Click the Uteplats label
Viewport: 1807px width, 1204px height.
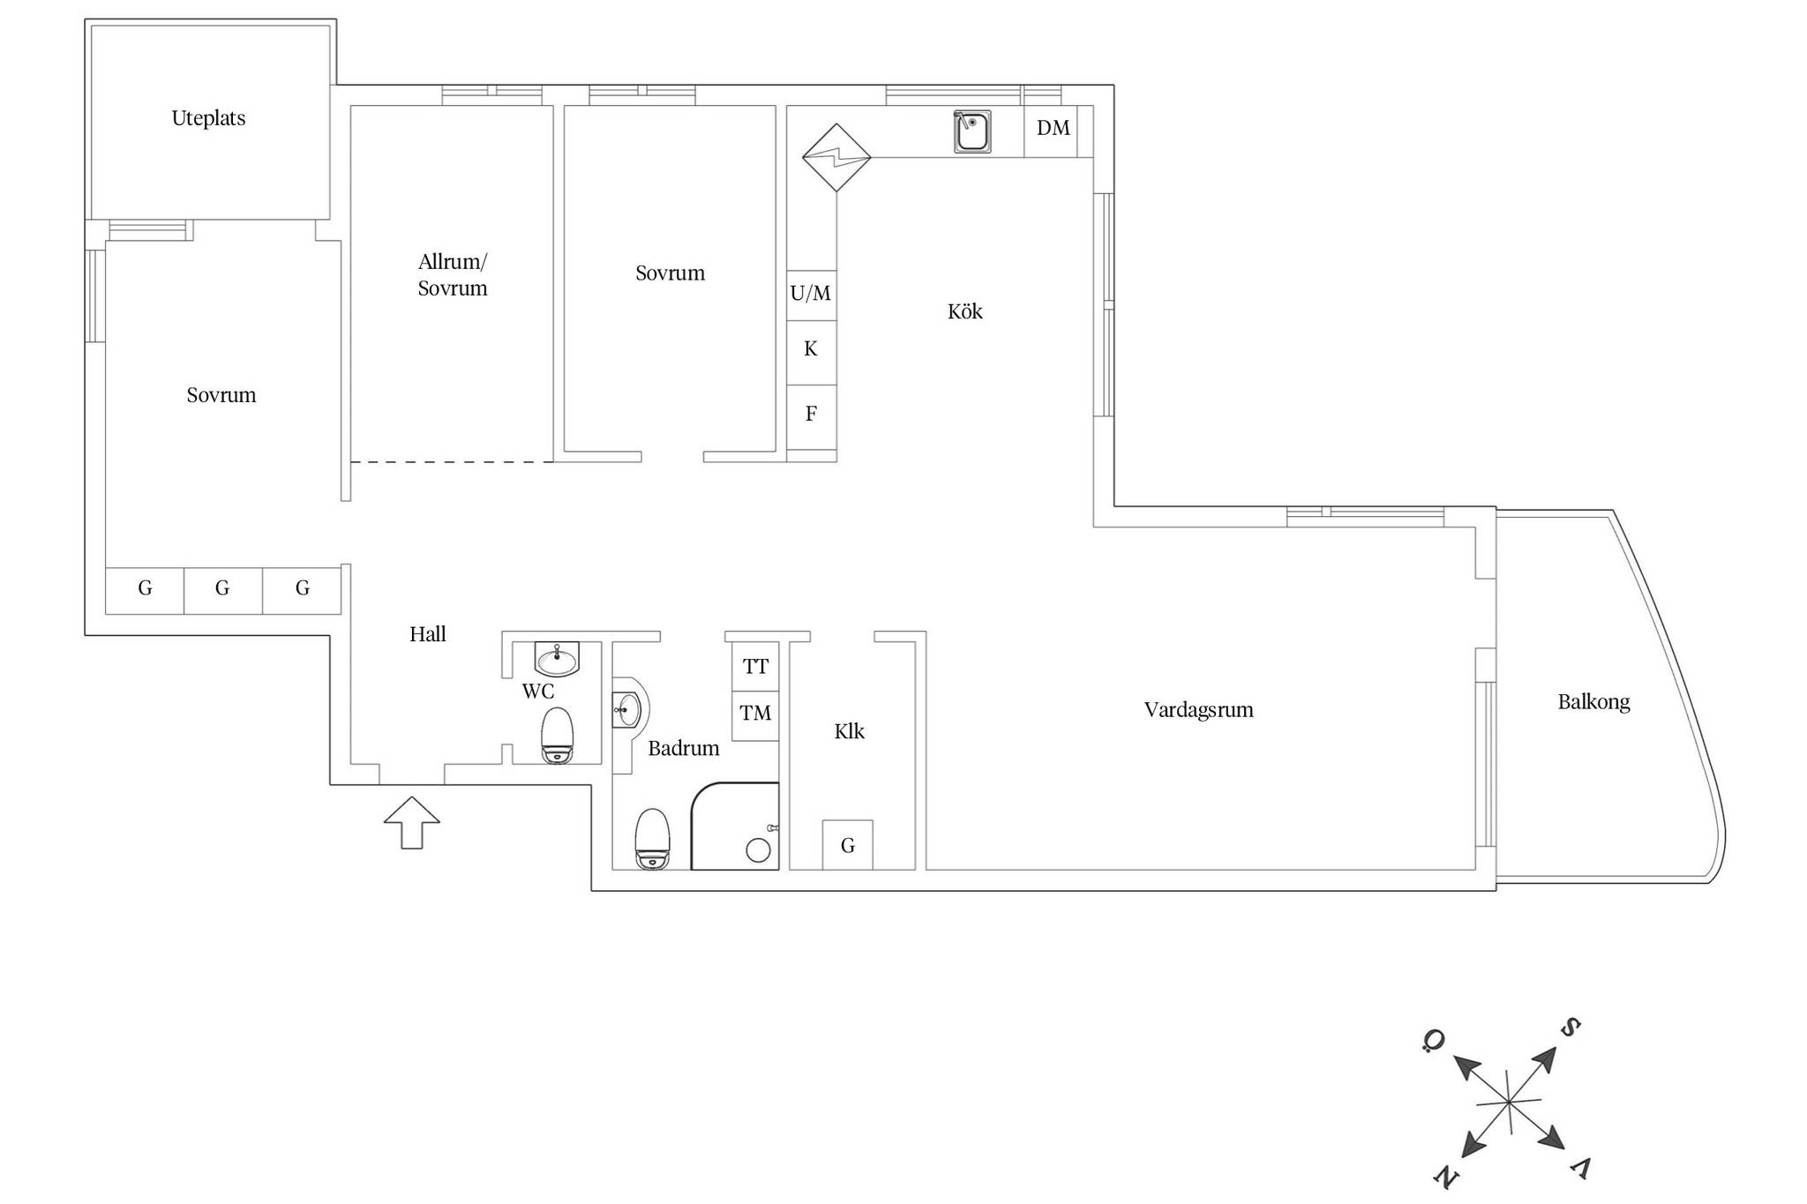[208, 118]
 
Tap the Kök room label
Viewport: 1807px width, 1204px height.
[964, 310]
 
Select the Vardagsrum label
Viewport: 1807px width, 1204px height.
[1198, 710]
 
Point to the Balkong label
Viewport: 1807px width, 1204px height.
[1593, 702]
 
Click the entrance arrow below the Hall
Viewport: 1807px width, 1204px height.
[412, 823]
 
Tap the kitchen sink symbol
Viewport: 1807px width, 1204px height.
[971, 131]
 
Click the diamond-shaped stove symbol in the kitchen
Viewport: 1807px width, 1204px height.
[836, 158]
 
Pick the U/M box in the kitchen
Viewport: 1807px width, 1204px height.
[811, 295]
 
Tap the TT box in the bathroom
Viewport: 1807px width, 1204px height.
[755, 667]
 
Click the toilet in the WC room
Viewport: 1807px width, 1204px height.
[557, 736]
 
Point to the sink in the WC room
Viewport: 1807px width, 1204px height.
[557, 658]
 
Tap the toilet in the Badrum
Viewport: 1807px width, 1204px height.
[653, 839]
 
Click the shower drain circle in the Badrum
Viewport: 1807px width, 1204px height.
[758, 850]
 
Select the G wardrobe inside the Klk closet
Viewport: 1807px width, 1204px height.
[848, 845]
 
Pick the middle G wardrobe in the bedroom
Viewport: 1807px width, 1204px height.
[223, 590]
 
